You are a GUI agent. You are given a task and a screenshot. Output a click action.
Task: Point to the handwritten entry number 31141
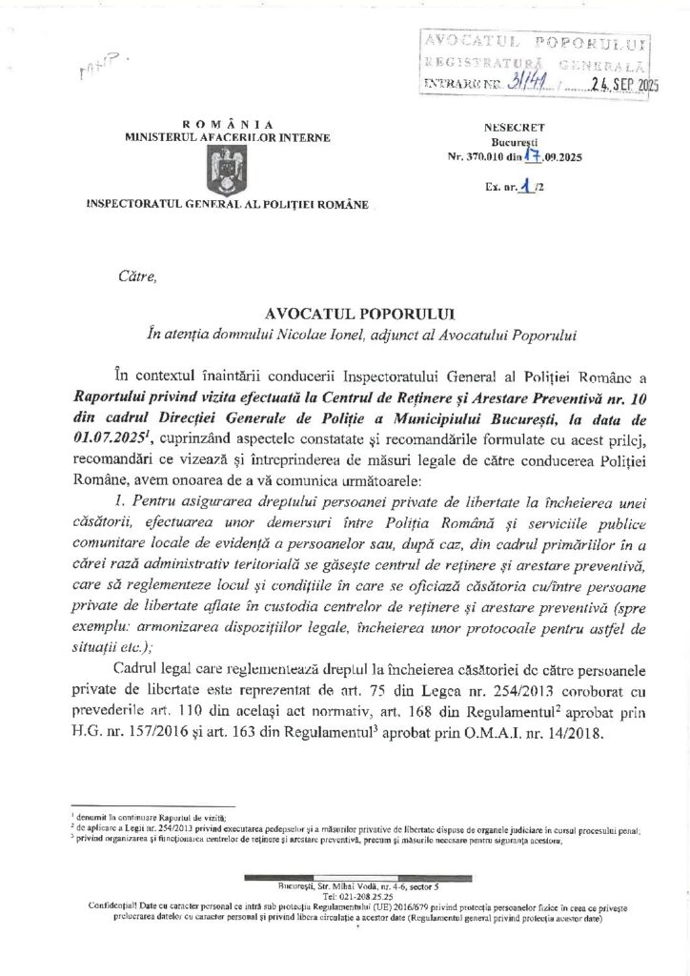525,84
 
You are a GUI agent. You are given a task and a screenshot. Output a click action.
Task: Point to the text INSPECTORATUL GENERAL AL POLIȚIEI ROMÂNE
226,204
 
